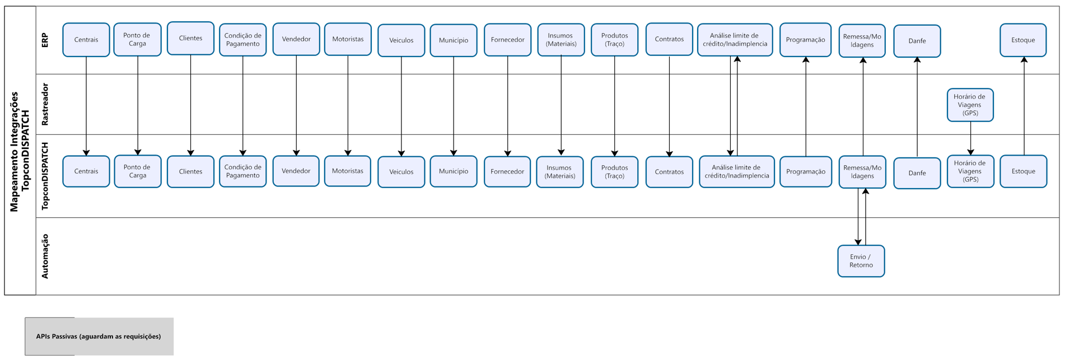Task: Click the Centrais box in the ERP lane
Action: (x=86, y=40)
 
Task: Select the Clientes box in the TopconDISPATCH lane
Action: (x=190, y=171)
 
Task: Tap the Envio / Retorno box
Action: (x=861, y=261)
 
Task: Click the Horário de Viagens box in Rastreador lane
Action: (x=970, y=105)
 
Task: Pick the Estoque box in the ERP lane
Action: (x=1022, y=40)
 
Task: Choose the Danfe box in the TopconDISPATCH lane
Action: (x=917, y=173)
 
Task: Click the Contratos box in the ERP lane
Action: (x=669, y=39)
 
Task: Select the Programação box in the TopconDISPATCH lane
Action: (x=805, y=171)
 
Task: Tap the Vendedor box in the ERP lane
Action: (x=296, y=39)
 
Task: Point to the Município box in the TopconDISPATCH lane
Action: (x=454, y=171)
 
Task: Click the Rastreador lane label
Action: (x=45, y=104)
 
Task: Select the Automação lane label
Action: (x=45, y=256)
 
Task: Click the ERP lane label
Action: (x=45, y=40)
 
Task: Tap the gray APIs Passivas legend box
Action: (x=99, y=336)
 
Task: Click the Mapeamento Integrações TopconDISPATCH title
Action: (x=20, y=151)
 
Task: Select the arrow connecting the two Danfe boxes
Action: (x=917, y=106)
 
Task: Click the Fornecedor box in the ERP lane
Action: (x=507, y=40)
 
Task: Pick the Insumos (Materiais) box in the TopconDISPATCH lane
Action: (x=560, y=171)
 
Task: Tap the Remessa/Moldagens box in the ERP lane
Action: (x=862, y=40)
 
